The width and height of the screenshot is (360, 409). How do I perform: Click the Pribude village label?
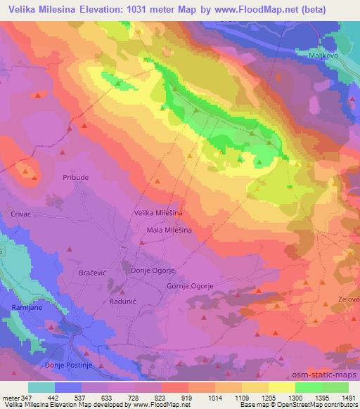[76, 177]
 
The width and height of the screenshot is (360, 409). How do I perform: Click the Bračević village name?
[94, 270]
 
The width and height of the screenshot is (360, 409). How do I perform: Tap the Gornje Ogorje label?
[209, 286]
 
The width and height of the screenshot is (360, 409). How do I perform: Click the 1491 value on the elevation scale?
[348, 397]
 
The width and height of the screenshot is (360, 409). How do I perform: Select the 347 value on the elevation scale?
[26, 397]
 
